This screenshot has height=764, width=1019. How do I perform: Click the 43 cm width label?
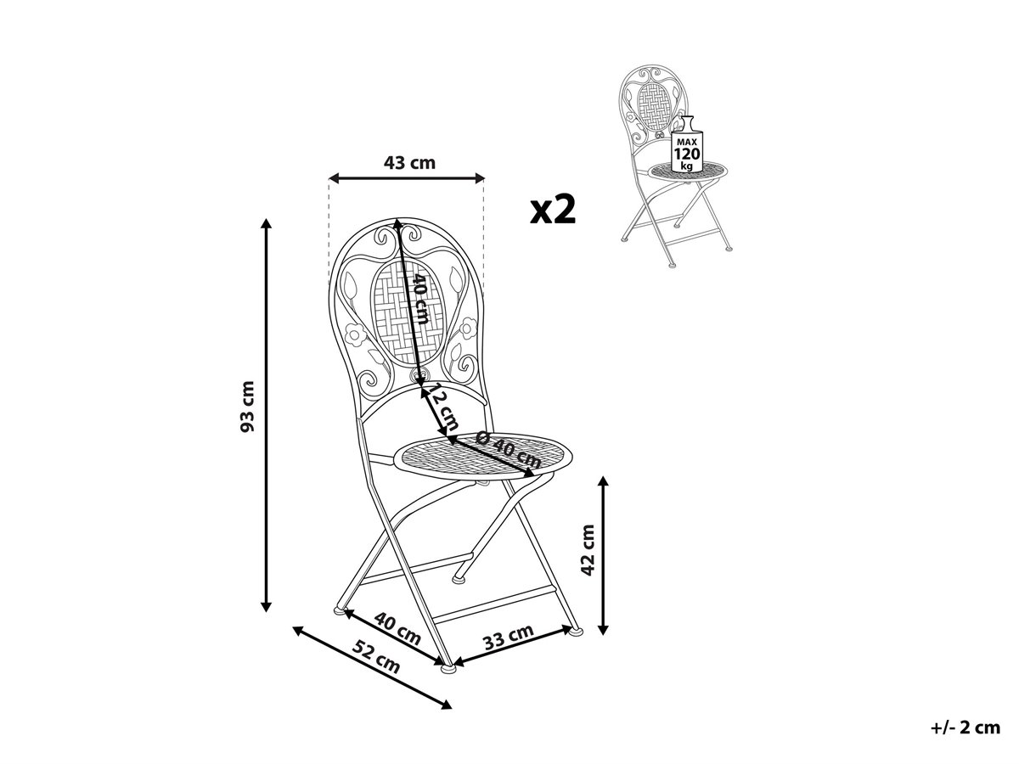pos(409,162)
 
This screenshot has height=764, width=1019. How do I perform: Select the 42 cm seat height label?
pos(588,550)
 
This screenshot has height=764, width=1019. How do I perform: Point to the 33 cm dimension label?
pos(509,638)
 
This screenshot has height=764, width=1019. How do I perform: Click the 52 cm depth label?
pos(375,656)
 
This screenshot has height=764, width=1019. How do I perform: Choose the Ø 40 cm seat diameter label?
pos(509,450)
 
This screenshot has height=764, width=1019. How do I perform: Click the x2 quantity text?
pos(553,210)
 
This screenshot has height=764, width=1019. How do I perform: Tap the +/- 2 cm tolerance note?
pos(966,727)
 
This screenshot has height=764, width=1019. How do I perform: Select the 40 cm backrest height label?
pos(420,299)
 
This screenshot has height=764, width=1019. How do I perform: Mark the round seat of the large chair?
pos(483,456)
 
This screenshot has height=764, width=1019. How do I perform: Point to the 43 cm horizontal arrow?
pos(407,177)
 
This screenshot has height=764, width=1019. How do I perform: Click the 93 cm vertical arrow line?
pos(266,415)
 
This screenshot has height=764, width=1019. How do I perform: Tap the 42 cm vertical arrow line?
pos(603,555)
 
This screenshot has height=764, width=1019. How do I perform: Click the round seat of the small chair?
pos(688,171)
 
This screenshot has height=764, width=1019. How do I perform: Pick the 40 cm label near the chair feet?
pos(397,628)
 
